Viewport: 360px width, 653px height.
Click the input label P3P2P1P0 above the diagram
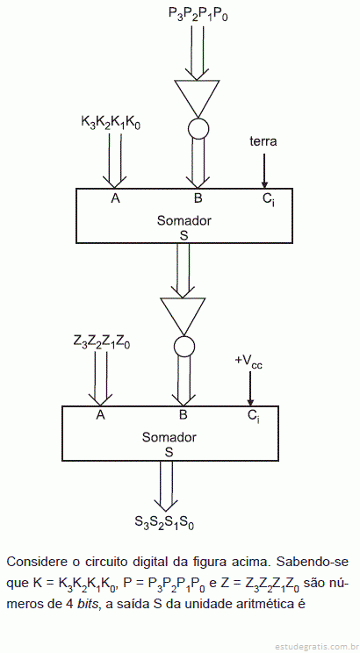[x=198, y=15]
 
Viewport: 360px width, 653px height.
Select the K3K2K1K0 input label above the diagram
[x=111, y=123]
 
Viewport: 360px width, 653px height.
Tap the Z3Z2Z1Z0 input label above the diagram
[x=102, y=343]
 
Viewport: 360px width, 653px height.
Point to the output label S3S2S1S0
[x=164, y=522]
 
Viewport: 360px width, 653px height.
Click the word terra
[x=263, y=141]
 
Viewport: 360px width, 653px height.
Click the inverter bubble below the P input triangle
[x=198, y=129]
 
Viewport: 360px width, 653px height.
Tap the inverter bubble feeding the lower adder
[x=184, y=346]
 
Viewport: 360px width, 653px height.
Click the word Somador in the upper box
[x=184, y=220]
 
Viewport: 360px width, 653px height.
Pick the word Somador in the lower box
[x=169, y=438]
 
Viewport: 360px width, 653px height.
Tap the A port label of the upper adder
[x=115, y=198]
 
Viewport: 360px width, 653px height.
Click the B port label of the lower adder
[x=184, y=415]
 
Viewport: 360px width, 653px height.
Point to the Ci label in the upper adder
[x=268, y=200]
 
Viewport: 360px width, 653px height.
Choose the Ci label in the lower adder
[x=254, y=416]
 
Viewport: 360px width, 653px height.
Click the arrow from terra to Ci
[x=263, y=171]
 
